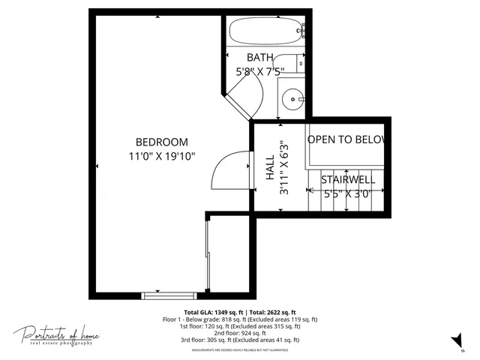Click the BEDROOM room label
[x=161, y=142]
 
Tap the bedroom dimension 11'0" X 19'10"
[x=161, y=156]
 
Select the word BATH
[x=260, y=58]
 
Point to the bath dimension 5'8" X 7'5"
[x=260, y=72]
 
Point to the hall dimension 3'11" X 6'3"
[x=283, y=169]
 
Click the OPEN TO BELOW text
[x=346, y=139]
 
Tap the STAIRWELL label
[x=347, y=180]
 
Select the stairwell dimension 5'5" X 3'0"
[x=347, y=193]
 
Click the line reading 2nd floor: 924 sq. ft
[x=230, y=332]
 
